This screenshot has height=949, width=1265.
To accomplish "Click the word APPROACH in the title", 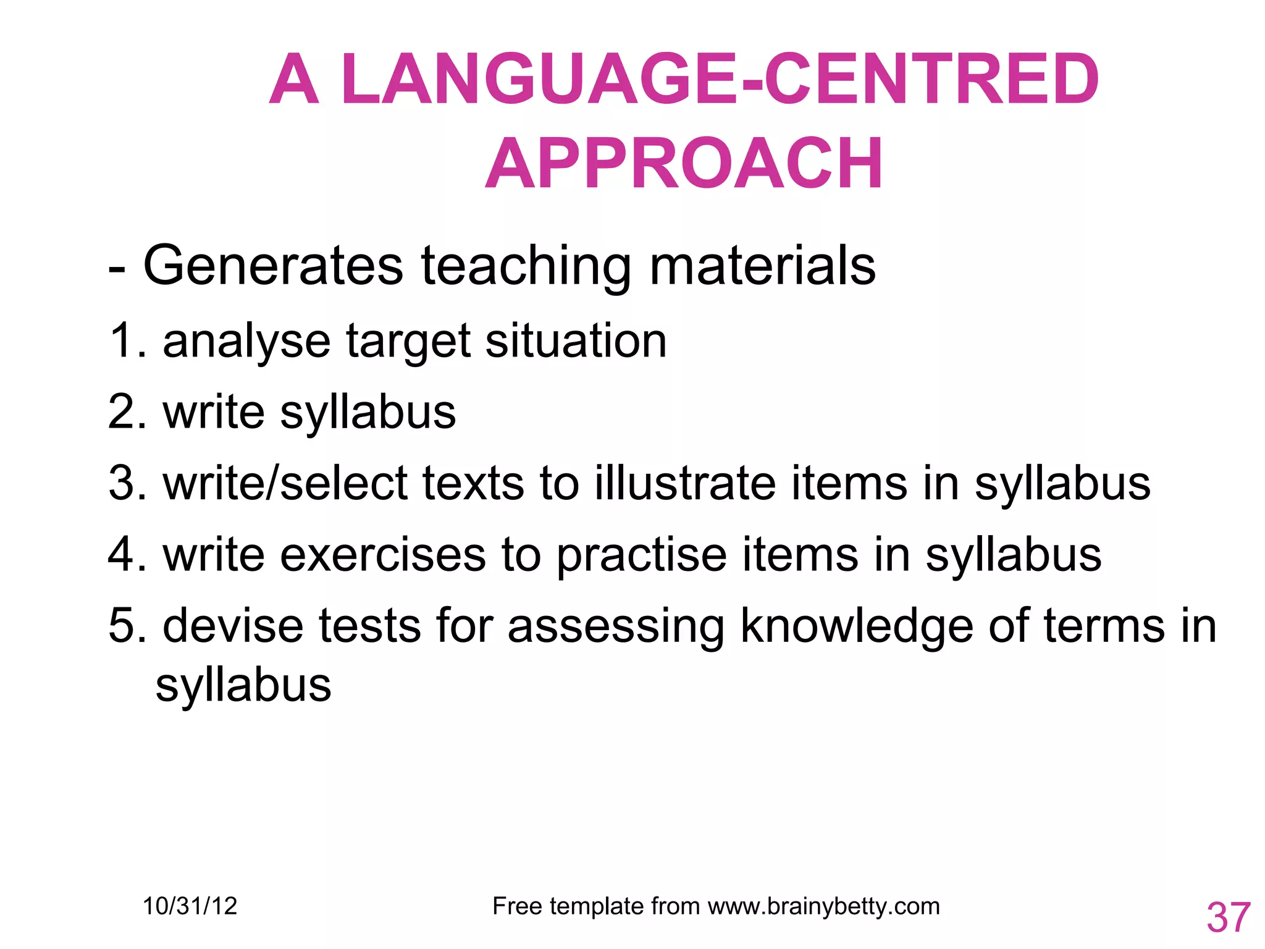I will [684, 164].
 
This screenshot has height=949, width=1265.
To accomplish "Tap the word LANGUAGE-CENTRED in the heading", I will [720, 80].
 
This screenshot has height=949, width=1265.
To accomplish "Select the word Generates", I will [273, 266].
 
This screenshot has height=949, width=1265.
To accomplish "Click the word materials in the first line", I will [762, 266].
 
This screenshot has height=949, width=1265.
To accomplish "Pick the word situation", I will [576, 340].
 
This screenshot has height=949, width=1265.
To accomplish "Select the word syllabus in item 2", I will [368, 413].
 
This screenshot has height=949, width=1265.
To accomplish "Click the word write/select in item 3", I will [285, 483].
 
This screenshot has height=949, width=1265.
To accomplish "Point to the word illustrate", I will [685, 483].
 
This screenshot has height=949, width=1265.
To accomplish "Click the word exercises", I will [383, 554].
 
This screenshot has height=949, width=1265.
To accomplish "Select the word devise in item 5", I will [233, 625].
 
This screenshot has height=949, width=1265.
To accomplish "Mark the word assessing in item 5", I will [616, 626].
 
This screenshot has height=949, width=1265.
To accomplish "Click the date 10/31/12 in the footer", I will [190, 906].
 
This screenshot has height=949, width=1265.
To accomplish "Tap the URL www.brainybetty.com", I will [823, 906].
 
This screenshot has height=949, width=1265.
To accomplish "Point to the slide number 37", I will [1229, 917].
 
